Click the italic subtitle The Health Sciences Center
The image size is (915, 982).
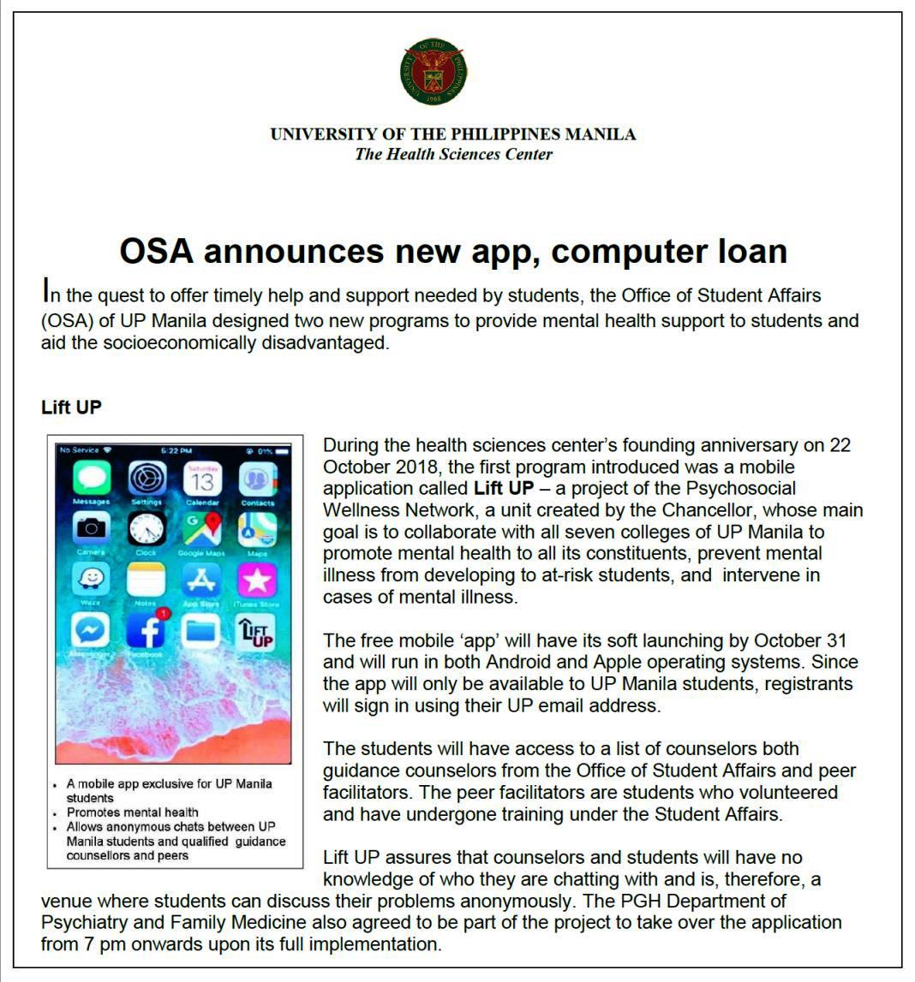pos(453,154)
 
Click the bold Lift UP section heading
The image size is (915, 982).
pos(71,408)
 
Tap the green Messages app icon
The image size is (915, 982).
pos(91,479)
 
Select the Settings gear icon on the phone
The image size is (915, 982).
pos(147,479)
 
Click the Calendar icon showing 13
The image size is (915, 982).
pos(202,479)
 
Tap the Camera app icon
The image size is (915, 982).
pos(91,529)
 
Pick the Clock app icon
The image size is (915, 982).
pos(147,530)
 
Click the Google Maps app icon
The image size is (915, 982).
pos(202,530)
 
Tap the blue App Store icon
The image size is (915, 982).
pos(202,580)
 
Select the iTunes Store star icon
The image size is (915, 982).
pos(257,580)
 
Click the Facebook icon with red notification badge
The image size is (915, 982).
pos(147,631)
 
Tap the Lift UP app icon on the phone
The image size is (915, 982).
pos(256,632)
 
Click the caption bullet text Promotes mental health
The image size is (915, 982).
pos(132,812)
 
